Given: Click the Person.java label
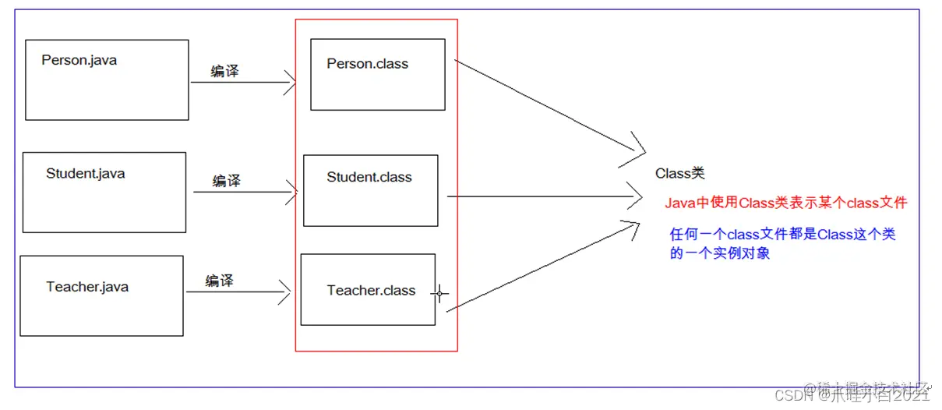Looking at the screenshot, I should click(79, 60).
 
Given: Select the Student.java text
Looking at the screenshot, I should click(85, 173).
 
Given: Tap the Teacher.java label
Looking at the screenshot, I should click(87, 287).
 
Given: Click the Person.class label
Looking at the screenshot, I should click(367, 64).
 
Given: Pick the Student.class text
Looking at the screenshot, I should click(369, 177).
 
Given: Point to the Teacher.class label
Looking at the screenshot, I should click(371, 290).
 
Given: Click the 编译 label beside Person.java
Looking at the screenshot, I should click(225, 71).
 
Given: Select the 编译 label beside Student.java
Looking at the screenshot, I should click(227, 181).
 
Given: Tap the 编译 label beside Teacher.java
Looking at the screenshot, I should click(219, 281).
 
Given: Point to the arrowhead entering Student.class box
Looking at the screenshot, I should click(294, 192).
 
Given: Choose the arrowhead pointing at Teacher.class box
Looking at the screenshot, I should click(286, 292).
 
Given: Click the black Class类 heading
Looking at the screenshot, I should click(679, 173).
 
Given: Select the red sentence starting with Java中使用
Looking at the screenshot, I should click(786, 203).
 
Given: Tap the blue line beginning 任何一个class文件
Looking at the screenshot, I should click(782, 234).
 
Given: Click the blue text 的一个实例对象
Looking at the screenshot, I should click(719, 253).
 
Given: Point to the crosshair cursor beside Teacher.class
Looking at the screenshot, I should click(439, 294).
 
